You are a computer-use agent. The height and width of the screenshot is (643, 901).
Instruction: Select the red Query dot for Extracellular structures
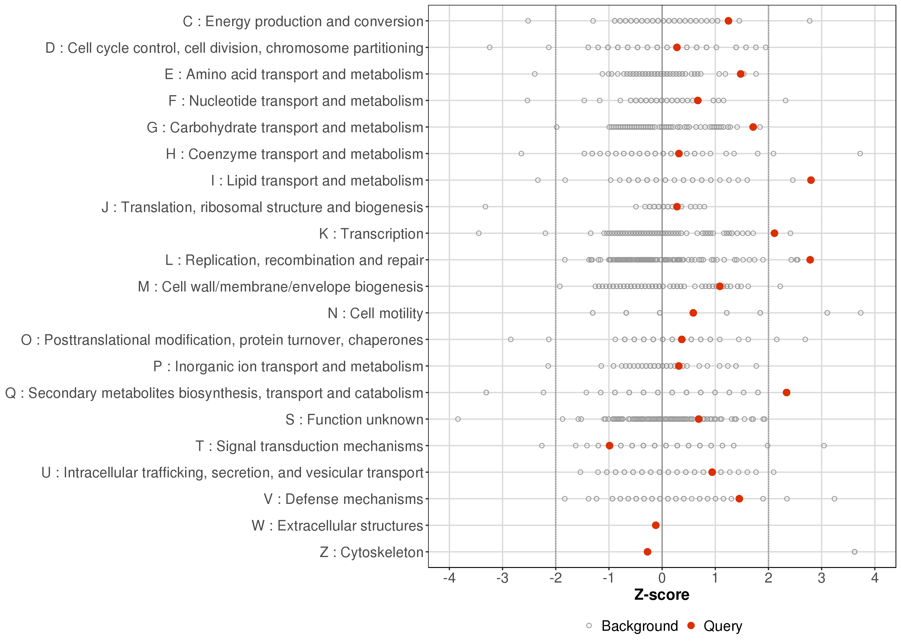pyautogui.click(x=656, y=525)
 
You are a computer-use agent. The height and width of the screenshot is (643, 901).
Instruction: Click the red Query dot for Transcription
pyautogui.click(x=774, y=233)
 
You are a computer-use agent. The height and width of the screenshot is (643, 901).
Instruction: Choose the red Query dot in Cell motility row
pyautogui.click(x=693, y=313)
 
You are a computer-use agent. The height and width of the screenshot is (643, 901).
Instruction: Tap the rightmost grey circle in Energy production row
pyautogui.click(x=809, y=21)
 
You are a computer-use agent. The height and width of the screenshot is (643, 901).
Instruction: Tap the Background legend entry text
pyautogui.click(x=639, y=626)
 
